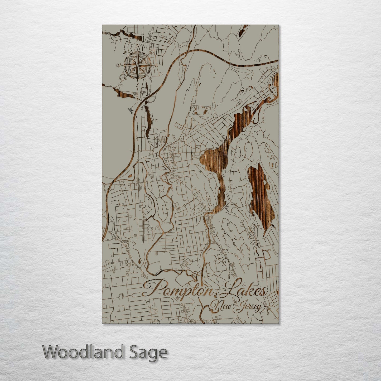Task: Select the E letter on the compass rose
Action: pos(156,65)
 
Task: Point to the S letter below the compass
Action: pos(137,85)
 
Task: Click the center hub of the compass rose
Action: pos(137,65)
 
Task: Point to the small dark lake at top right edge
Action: pos(243,31)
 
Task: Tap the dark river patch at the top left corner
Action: pos(126,34)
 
